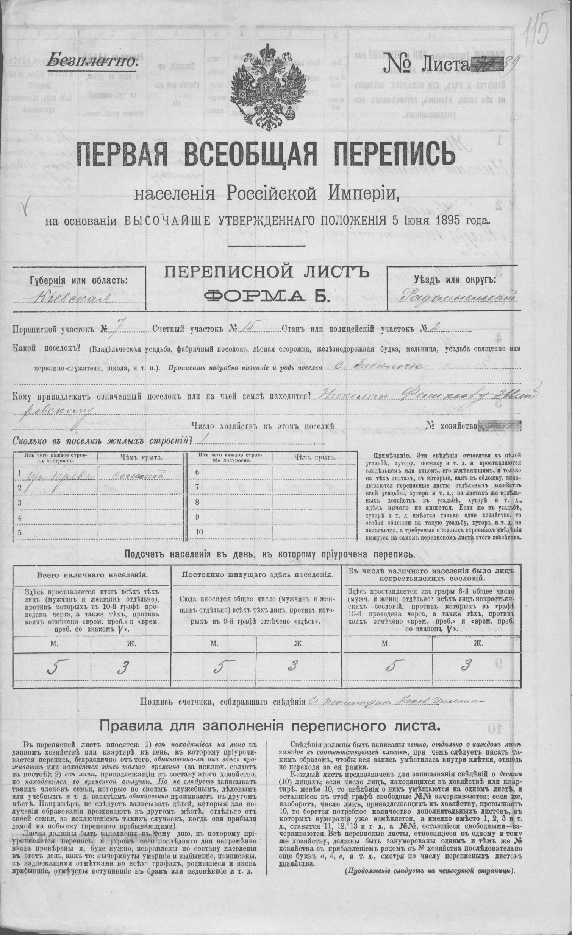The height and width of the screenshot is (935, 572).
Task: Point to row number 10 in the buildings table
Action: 199,532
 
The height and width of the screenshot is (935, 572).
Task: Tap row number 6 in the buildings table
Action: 197,473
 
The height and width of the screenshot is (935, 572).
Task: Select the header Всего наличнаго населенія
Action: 92,574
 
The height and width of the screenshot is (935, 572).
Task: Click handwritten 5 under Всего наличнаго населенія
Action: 53,668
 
